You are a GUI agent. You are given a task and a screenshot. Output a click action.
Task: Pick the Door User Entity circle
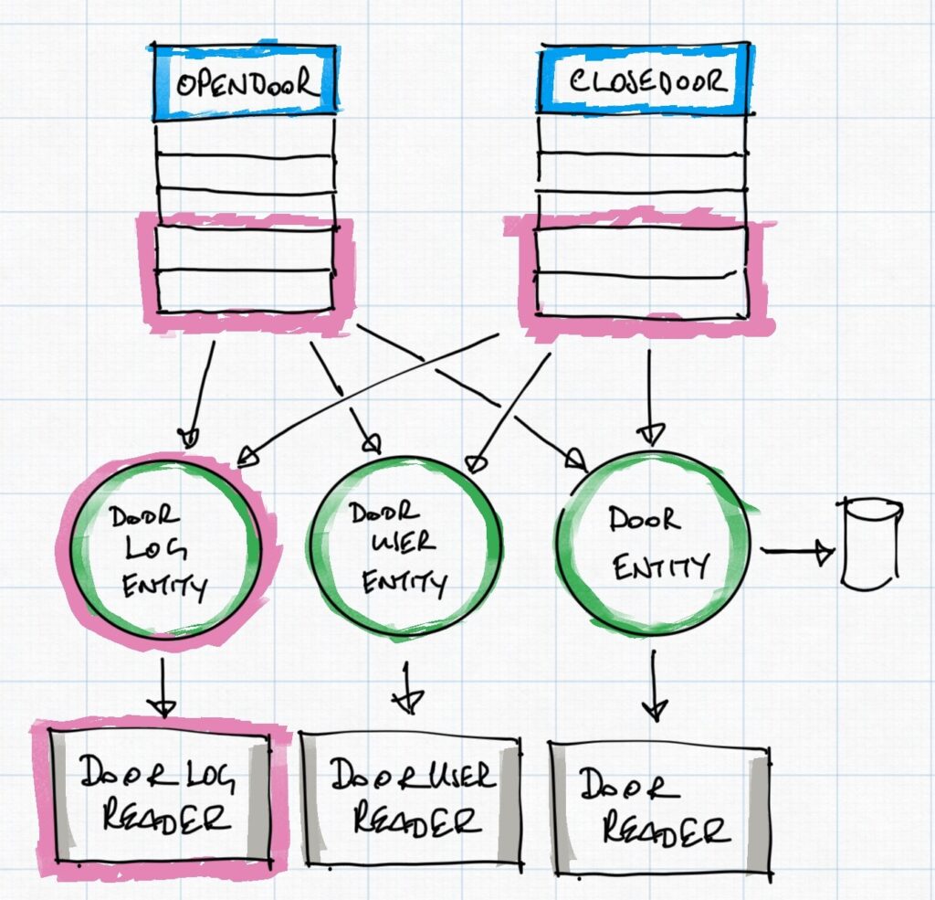tap(406, 547)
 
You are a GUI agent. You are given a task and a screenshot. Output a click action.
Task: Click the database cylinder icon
tap(871, 543)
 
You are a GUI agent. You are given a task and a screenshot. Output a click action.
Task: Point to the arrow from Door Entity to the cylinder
tap(797, 552)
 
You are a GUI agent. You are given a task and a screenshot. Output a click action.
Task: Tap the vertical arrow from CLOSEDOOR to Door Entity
tap(649, 393)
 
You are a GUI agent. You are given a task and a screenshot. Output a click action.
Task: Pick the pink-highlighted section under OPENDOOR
tap(245, 270)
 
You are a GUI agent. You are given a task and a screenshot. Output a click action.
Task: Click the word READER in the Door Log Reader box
tap(160, 819)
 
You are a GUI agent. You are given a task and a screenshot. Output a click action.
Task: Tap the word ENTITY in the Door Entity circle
tap(659, 567)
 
